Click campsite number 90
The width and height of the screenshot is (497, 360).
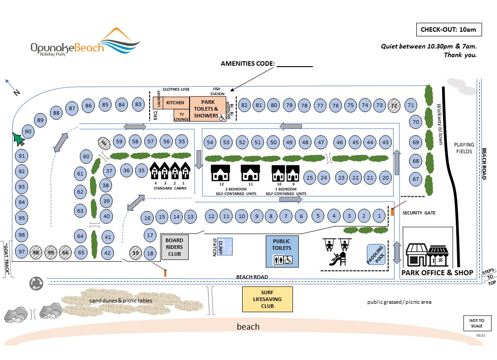point(28,132)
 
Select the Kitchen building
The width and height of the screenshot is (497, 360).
point(175,103)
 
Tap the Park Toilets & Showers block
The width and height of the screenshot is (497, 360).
point(207,109)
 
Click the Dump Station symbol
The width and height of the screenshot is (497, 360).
point(223,247)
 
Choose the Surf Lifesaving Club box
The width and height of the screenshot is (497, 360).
point(267,299)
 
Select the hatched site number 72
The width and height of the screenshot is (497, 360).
point(394,105)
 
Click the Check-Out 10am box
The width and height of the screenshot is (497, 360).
point(448,29)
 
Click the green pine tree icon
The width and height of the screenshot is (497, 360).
point(19,138)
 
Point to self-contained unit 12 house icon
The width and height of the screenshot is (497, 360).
point(221,173)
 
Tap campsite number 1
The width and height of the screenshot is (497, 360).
point(379,216)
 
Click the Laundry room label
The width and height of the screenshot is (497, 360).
point(159,99)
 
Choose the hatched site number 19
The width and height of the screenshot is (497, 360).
point(135,253)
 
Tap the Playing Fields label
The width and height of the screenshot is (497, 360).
point(464,148)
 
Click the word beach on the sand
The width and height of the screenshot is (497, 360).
point(248,326)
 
